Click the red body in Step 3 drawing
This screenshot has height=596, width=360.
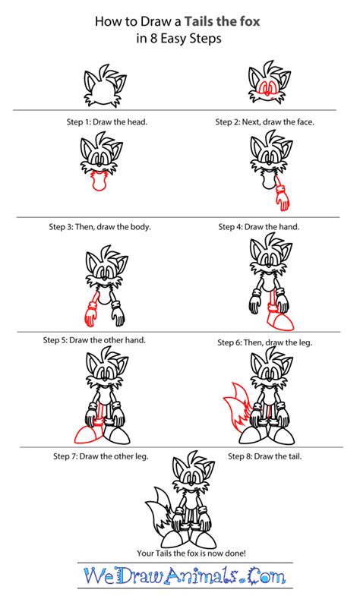(97, 181)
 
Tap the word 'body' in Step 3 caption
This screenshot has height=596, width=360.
(135, 226)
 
